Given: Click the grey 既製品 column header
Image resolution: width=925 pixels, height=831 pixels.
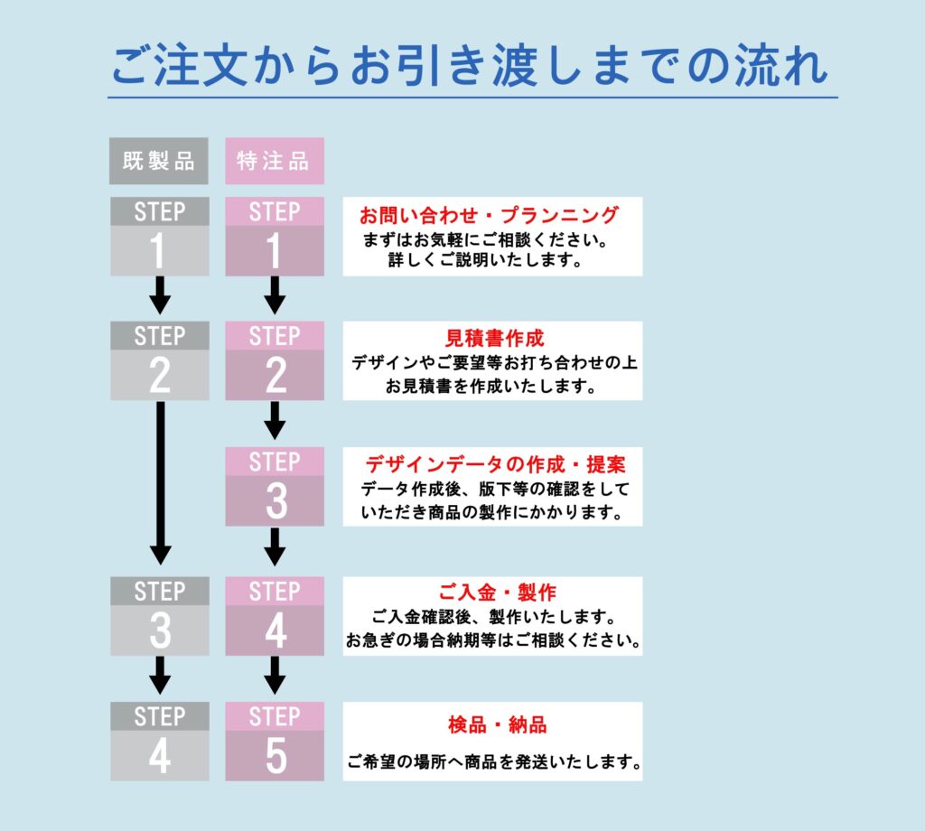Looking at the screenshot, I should (x=159, y=161).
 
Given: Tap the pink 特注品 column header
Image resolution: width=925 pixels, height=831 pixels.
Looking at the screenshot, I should (x=274, y=161).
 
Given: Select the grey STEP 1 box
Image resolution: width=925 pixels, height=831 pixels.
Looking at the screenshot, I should (x=159, y=237).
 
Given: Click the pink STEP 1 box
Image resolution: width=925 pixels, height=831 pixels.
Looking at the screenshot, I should (x=274, y=237).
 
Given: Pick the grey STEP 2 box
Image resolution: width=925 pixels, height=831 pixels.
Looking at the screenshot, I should (x=159, y=360).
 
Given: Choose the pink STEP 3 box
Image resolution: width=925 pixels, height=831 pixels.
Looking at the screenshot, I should (x=274, y=486).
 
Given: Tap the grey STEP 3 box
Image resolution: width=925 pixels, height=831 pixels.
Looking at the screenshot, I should (x=159, y=616).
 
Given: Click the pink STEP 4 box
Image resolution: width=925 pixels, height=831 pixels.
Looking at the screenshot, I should (x=274, y=616).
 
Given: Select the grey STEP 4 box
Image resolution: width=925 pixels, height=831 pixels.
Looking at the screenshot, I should (x=159, y=741).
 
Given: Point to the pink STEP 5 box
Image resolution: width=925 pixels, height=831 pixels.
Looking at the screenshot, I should (x=274, y=741).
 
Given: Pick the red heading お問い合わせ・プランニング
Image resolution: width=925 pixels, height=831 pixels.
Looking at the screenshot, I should (x=489, y=215).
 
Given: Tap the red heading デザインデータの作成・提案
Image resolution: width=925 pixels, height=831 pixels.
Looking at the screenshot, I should (x=494, y=464).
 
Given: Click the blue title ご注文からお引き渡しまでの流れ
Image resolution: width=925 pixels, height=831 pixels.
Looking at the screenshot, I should (x=470, y=67).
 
